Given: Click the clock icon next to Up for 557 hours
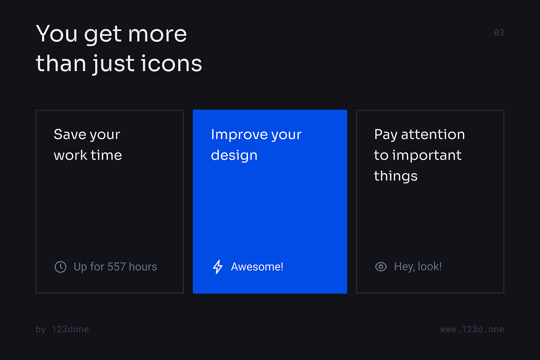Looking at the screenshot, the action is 60,267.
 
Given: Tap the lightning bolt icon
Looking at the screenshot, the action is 218,267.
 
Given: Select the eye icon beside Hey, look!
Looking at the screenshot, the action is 381,267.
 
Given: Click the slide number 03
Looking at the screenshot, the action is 499,32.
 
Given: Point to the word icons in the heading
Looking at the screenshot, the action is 171,63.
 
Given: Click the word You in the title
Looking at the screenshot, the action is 57,33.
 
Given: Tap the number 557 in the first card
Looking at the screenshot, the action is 117,267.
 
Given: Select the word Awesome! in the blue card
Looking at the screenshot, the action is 257,267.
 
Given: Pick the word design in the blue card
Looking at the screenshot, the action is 234,155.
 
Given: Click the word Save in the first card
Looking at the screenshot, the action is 70,134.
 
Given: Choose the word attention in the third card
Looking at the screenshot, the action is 433,134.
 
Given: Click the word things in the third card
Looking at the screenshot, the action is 396,176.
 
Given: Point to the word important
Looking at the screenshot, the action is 427,155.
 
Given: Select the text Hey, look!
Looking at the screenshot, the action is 418,267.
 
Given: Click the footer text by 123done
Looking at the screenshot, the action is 62,329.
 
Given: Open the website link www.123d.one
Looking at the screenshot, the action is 472,329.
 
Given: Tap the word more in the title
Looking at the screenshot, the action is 157,34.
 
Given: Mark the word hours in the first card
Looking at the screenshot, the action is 143,267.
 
